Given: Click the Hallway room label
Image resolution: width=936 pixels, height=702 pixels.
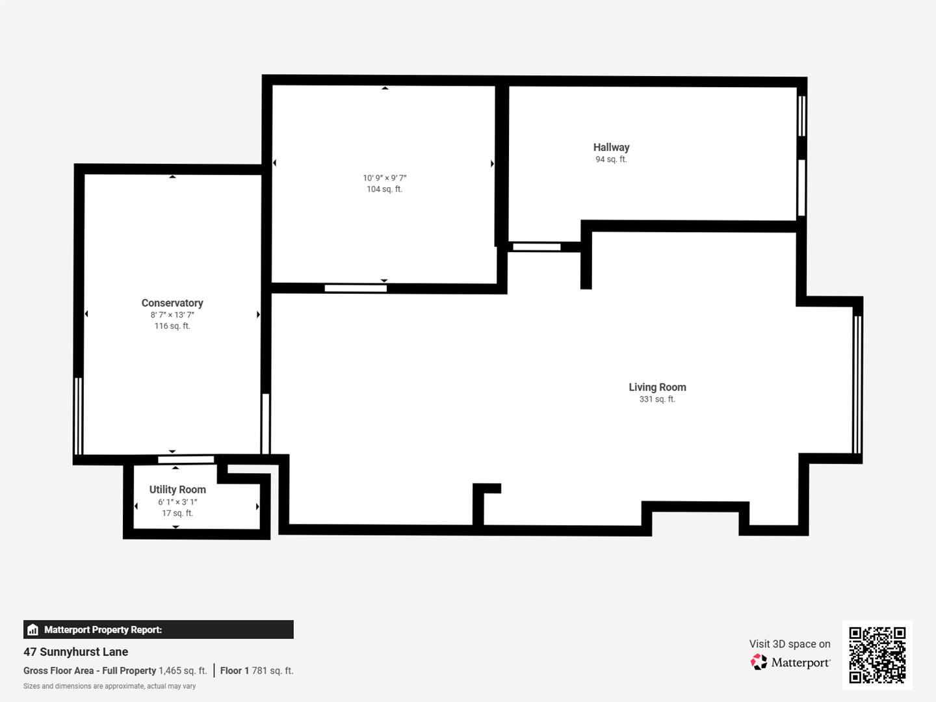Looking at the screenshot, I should click(x=611, y=148).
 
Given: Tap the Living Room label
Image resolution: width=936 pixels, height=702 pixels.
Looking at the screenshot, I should click(x=657, y=387).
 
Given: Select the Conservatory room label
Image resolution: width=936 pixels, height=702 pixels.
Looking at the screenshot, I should click(x=172, y=303).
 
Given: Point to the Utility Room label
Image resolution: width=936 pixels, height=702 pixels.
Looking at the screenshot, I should click(x=177, y=489).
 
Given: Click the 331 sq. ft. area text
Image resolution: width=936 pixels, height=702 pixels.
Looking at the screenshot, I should click(x=657, y=399).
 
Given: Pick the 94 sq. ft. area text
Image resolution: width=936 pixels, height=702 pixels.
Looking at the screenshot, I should click(x=611, y=159).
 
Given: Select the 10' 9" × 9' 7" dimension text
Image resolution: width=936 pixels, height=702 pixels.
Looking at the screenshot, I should click(x=384, y=177).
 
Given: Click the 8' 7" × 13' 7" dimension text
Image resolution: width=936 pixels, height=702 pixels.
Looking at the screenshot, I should click(x=172, y=315).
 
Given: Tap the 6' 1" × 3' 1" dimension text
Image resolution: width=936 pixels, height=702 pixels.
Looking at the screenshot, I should click(x=177, y=502).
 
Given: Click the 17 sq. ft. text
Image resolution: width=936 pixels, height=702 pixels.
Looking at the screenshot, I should click(x=177, y=513).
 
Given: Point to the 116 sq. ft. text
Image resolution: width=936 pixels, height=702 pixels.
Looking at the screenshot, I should click(x=172, y=326).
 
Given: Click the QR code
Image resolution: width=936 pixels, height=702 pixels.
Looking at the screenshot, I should click(x=877, y=655).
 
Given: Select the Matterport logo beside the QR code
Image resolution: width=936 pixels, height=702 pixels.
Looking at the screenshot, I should click(x=790, y=662).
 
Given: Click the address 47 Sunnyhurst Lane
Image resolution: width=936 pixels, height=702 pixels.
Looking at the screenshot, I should click(x=76, y=651).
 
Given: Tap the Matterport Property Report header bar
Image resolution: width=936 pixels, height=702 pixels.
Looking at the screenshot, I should click(x=158, y=629).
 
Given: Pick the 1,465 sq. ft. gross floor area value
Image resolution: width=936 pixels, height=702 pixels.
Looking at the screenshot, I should click(x=183, y=670).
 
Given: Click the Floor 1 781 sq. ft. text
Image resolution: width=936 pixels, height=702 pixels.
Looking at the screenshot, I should click(x=257, y=670).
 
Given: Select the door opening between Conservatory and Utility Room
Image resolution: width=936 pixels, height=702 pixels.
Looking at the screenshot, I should click(x=186, y=460).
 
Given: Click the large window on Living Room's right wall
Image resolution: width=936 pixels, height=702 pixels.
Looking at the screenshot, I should click(x=857, y=383).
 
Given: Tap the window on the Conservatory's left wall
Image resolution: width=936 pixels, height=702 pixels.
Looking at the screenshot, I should click(x=79, y=416).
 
